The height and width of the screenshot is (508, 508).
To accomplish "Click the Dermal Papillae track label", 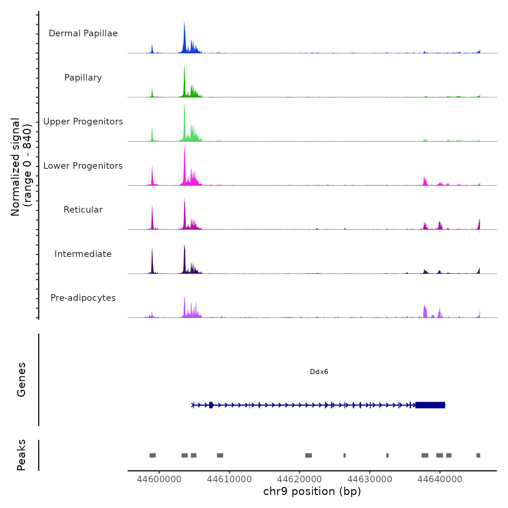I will pyautogui.click(x=83, y=33).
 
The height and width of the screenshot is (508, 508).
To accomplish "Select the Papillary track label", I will pyautogui.click(x=83, y=78).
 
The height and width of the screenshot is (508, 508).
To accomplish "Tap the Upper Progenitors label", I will pyautogui.click(x=83, y=122).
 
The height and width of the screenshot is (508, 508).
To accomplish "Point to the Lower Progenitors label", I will pyautogui.click(x=83, y=166).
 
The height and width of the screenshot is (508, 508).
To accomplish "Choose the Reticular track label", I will pyautogui.click(x=83, y=210).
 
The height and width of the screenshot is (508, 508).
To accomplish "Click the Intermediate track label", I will pyautogui.click(x=83, y=254).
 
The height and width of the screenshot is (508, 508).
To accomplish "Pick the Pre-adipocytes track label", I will pyautogui.click(x=83, y=298).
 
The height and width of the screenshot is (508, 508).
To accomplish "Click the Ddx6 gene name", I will pyautogui.click(x=319, y=372).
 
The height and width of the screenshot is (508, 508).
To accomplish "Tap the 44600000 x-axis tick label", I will pyautogui.click(x=159, y=479).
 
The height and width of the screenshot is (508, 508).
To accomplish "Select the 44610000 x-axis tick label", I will pyautogui.click(x=229, y=479).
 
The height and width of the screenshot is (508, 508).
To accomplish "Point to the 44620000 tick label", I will pyautogui.click(x=300, y=479).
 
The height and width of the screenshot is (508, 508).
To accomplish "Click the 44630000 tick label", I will pyautogui.click(x=370, y=479).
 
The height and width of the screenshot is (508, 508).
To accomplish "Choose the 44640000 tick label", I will pyautogui.click(x=440, y=479).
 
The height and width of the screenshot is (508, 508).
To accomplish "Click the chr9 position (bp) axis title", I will pyautogui.click(x=312, y=491).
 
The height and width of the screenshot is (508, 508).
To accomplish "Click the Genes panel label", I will pyautogui.click(x=21, y=380).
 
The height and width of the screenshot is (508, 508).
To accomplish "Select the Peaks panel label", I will pyautogui.click(x=21, y=455).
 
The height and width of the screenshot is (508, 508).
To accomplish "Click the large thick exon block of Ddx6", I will pyautogui.click(x=430, y=405).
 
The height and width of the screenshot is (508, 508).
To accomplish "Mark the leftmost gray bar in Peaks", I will pyautogui.click(x=152, y=455).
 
